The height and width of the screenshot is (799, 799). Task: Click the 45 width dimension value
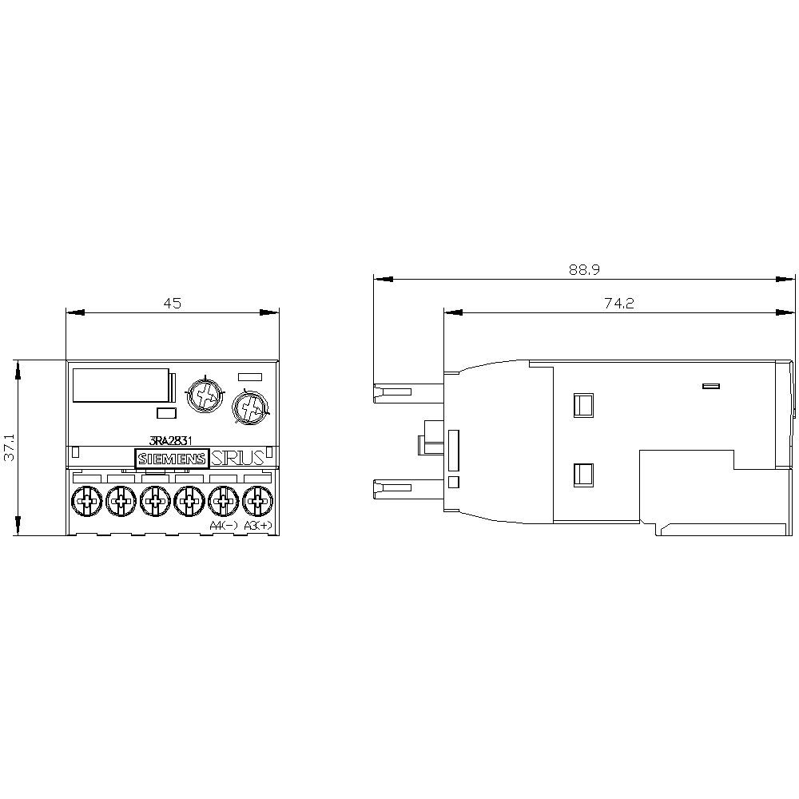point(173,303)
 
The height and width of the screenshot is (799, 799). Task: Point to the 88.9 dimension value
point(584,270)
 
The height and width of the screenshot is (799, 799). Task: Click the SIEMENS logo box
point(172,459)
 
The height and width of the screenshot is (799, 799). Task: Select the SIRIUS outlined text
point(238,459)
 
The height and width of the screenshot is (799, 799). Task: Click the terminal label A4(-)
point(223,525)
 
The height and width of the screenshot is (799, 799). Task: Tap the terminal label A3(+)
point(257,525)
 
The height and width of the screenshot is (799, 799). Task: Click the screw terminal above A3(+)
point(256,502)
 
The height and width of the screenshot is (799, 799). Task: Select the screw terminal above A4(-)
point(222,502)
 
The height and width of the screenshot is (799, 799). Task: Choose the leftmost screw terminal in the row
point(85,502)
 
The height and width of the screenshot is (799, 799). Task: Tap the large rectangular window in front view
point(121,385)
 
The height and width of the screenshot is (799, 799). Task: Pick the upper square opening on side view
point(583,404)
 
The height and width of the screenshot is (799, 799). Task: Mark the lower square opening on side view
point(583,475)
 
